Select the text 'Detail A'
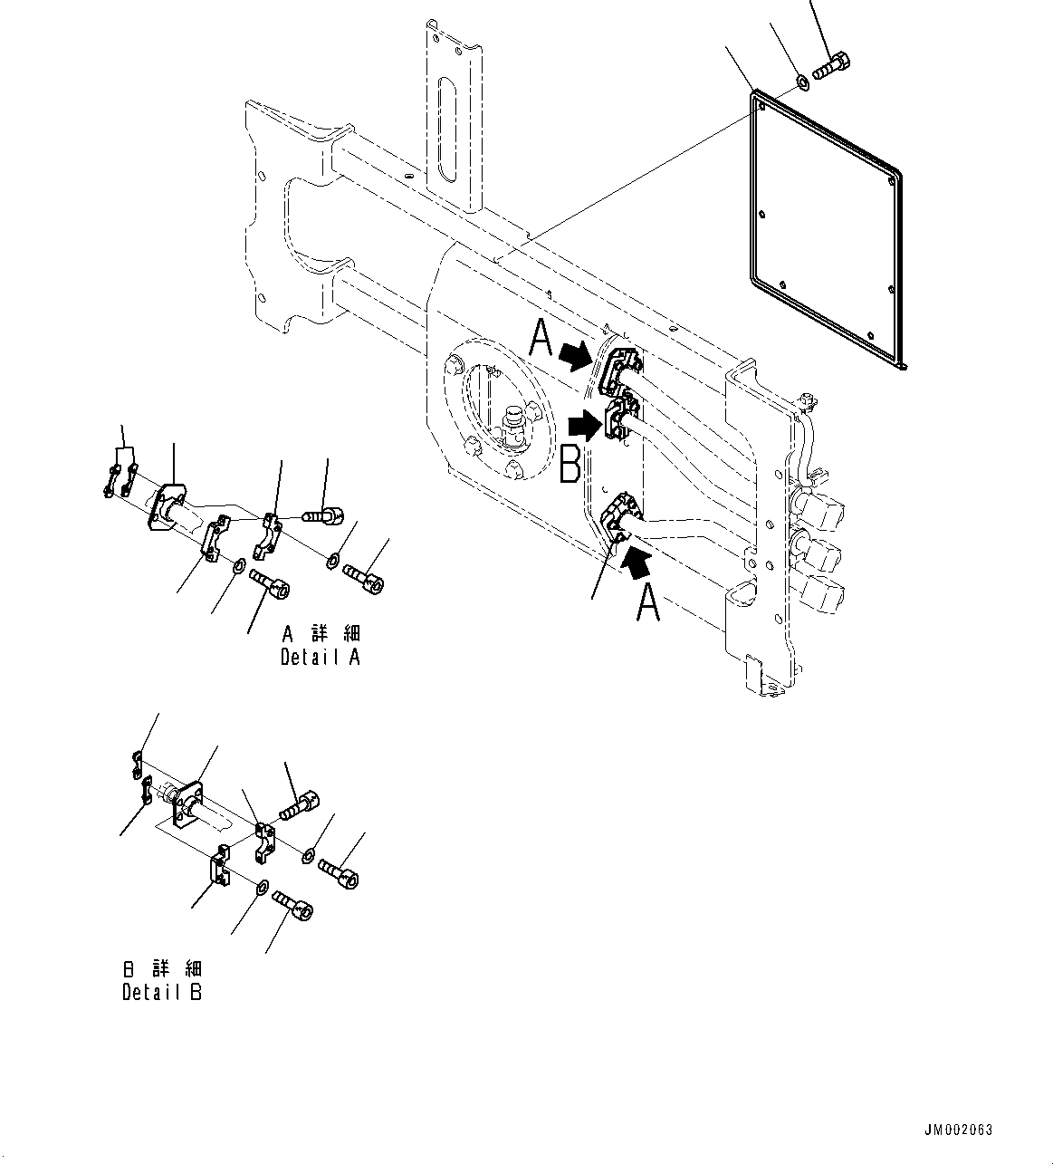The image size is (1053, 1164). pos(320,658)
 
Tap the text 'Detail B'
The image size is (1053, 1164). pos(162,992)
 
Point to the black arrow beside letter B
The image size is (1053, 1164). pos(585,424)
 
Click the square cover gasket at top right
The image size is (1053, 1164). pos(824,229)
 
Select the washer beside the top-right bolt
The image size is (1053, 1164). pos(802,85)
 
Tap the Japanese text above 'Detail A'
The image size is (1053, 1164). pos(321,633)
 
